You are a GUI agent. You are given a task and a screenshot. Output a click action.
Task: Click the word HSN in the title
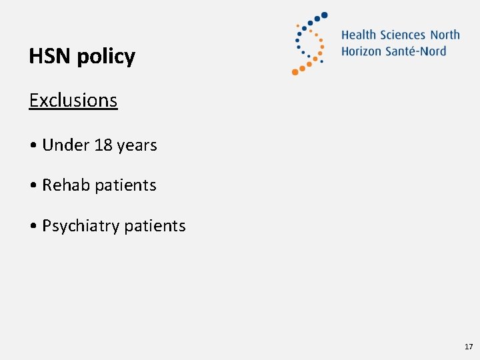(50, 57)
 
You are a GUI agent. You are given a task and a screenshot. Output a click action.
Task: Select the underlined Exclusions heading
(73, 100)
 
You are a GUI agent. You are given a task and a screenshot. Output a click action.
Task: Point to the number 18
(103, 145)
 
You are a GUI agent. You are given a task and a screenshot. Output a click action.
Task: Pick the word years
(137, 145)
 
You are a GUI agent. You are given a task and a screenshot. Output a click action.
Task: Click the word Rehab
(66, 185)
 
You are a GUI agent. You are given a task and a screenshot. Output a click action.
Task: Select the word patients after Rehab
(125, 185)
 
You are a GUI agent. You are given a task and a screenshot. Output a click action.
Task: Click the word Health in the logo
(359, 35)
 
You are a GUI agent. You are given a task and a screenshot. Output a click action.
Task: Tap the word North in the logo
(445, 35)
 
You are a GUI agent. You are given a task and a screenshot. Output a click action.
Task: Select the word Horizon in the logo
(361, 51)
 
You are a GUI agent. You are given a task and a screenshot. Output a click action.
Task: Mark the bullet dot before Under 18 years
(33, 145)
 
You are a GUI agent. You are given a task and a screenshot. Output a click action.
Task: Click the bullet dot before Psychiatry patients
(33, 226)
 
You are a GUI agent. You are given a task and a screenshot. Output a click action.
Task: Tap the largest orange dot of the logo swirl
(295, 71)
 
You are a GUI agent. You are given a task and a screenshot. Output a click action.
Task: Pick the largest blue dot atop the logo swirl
(325, 15)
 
